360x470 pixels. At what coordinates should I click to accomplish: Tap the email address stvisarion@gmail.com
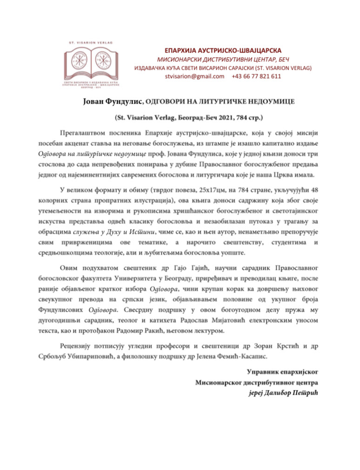[x=191, y=76]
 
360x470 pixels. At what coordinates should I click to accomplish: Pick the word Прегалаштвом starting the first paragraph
[x=84, y=132]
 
